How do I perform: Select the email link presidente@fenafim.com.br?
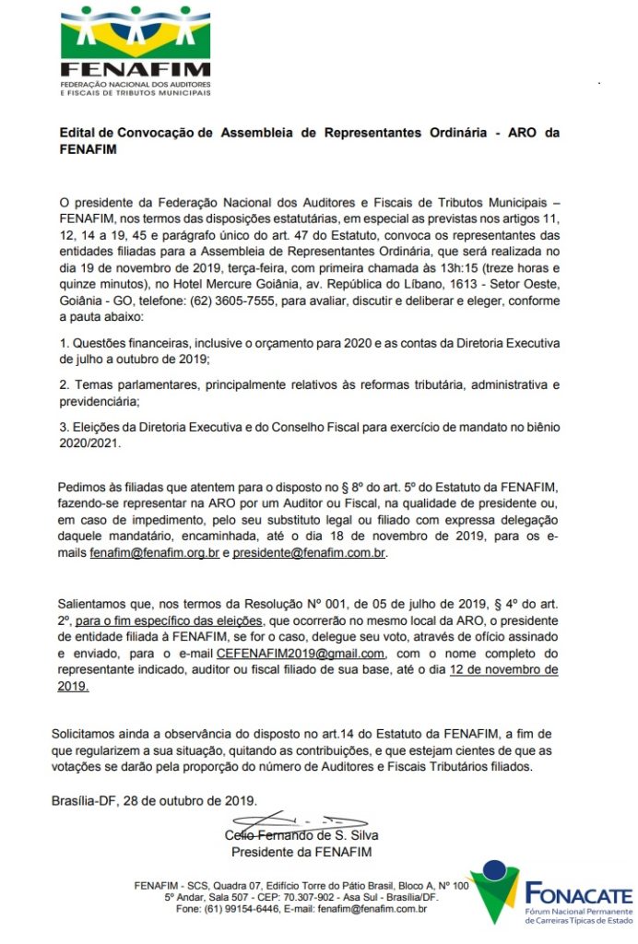coord(310,553)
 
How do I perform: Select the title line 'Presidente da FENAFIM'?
coord(301,852)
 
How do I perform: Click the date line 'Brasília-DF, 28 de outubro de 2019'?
coord(154,800)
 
